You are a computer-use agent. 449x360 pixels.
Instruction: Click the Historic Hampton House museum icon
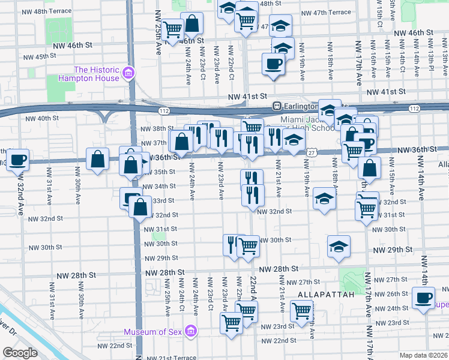pos(127,73)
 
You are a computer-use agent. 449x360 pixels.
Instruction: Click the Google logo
pos(20,353)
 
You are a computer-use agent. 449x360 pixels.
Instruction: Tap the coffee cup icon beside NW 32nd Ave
pos(18,160)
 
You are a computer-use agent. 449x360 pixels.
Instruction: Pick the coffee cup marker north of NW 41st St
pos(273,64)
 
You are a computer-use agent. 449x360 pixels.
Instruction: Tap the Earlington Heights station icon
pos(277,106)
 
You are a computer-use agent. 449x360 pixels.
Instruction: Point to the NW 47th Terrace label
pos(326,12)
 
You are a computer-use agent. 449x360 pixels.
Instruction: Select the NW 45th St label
pos(39,56)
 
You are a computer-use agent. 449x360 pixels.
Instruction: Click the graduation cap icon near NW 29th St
pos(339,247)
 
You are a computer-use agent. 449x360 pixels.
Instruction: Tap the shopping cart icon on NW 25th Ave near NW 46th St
pos(172,29)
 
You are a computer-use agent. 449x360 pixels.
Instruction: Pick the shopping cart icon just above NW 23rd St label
pos(231,323)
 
